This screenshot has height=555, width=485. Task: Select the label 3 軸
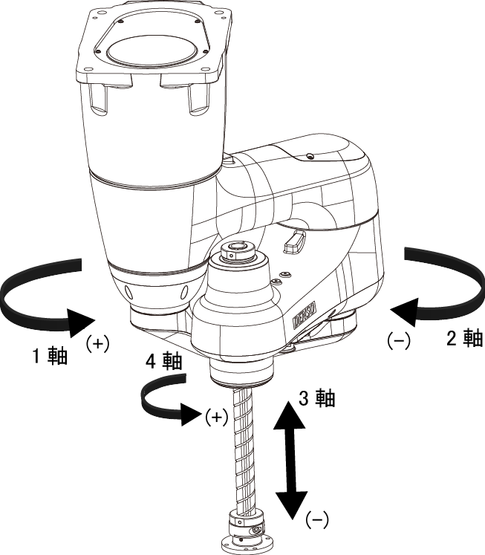pyautogui.click(x=316, y=398)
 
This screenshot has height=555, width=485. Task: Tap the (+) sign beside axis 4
pyautogui.click(x=215, y=417)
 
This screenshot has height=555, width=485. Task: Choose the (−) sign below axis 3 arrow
pyautogui.click(x=317, y=519)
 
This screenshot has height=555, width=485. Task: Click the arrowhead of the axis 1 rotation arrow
pyautogui.click(x=82, y=321)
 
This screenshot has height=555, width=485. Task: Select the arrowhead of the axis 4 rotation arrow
pyautogui.click(x=191, y=412)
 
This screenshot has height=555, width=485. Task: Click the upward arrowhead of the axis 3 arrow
pyautogui.click(x=290, y=409)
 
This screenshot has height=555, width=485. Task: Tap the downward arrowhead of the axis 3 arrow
pyautogui.click(x=290, y=504)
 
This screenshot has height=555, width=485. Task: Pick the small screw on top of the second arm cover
pyautogui.click(x=310, y=157)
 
